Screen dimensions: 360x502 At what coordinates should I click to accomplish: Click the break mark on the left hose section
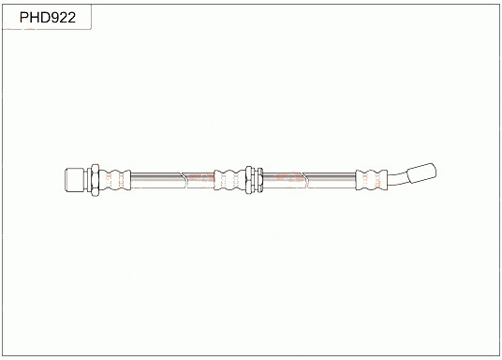click(195, 177)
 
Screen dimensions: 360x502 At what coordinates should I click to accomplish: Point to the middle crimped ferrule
click(229, 177)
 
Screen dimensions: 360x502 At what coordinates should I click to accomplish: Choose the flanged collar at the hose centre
click(251, 177)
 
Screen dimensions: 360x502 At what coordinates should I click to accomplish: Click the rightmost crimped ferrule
click(369, 177)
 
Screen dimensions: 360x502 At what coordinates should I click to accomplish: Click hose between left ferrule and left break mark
click(159, 177)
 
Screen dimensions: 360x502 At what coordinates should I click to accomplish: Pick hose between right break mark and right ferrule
click(328, 177)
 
